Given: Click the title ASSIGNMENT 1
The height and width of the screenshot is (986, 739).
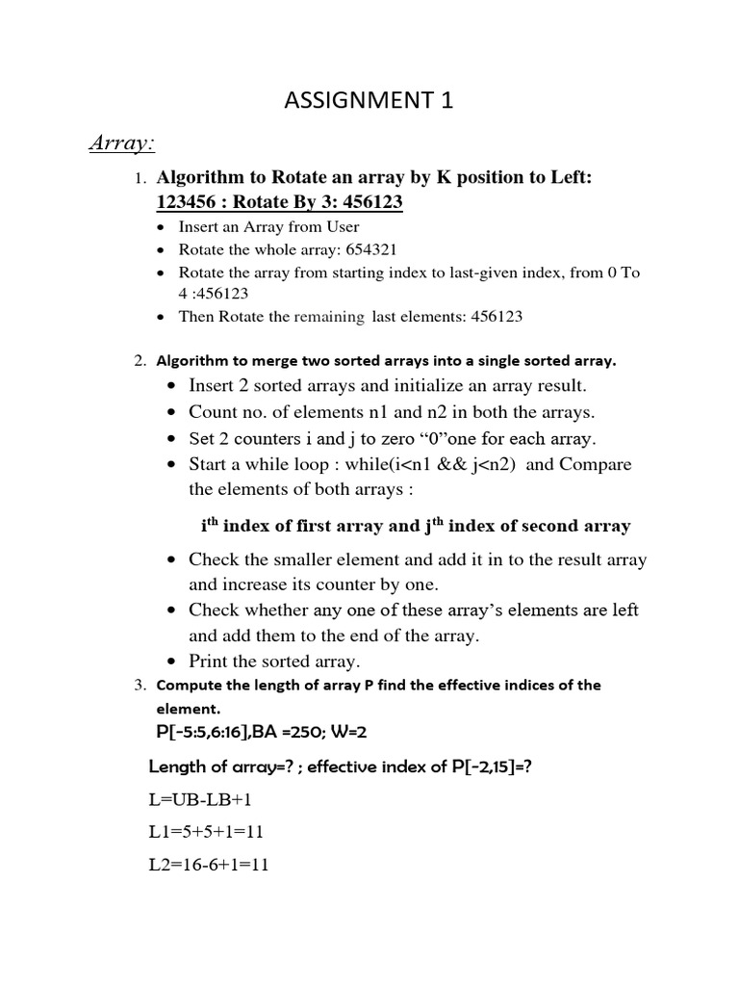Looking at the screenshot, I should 369,102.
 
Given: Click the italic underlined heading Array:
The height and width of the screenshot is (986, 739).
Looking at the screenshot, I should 122,143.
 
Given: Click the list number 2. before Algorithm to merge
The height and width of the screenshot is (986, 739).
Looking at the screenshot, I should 140,362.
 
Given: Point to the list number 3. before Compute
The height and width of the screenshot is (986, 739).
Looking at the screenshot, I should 140,687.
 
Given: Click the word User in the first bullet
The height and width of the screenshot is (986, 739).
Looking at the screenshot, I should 341,227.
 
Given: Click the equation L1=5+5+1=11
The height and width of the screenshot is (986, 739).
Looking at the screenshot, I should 206,832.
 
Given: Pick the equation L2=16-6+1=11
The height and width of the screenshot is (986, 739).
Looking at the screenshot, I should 209,865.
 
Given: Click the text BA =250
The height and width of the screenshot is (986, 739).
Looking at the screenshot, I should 284,733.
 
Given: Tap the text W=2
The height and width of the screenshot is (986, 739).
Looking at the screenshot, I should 345,733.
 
